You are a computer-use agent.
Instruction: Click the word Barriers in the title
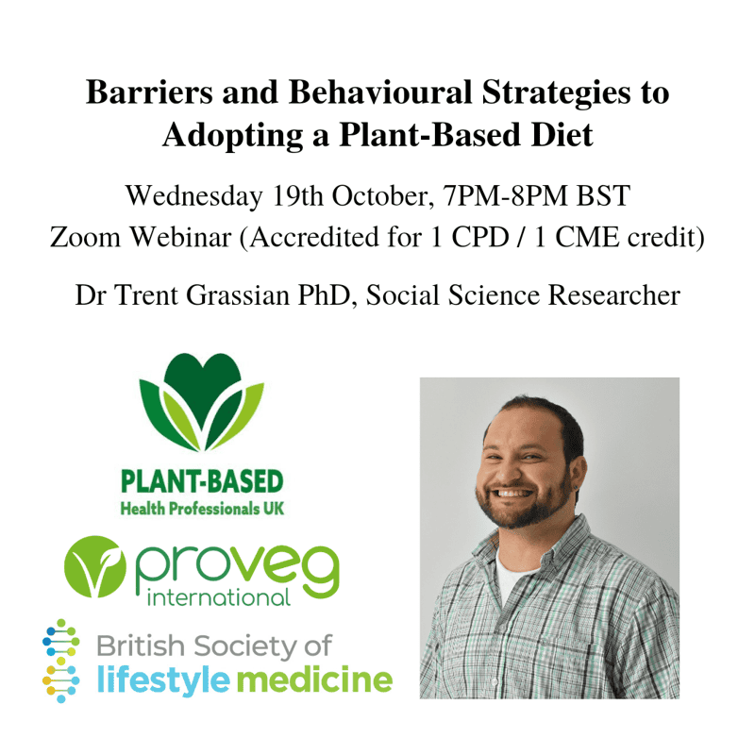click(x=149, y=92)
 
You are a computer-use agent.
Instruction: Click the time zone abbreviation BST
click(x=603, y=195)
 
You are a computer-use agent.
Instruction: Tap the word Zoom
click(x=85, y=238)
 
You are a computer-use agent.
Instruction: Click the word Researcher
click(x=614, y=295)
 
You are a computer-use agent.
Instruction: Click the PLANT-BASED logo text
click(x=202, y=481)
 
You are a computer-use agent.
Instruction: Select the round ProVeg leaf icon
click(x=95, y=567)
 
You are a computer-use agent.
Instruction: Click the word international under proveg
click(x=219, y=598)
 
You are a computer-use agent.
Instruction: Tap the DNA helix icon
click(x=61, y=661)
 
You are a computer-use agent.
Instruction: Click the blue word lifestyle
click(x=163, y=679)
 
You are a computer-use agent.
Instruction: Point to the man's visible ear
click(x=578, y=474)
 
